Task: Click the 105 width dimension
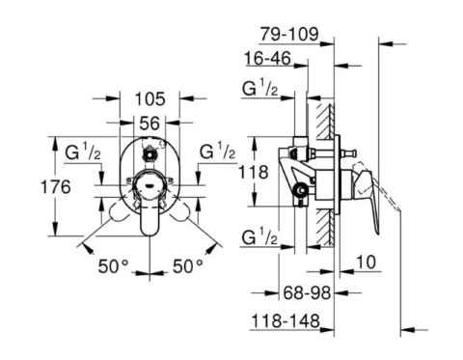click(x=150, y=97)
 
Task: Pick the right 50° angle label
click(x=187, y=263)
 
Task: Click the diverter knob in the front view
click(x=150, y=153)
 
